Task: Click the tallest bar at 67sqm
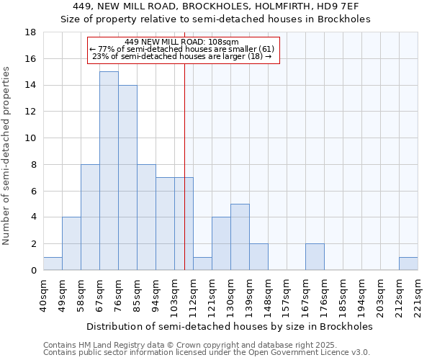[x=109, y=171]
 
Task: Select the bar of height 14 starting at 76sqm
[x=127, y=177]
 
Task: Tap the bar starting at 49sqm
[x=71, y=243]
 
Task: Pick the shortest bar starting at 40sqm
[x=53, y=264]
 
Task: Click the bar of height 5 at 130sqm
[x=240, y=237]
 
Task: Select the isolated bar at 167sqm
[x=315, y=257]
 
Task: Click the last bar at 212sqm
[x=408, y=264]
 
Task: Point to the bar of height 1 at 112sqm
[x=202, y=264]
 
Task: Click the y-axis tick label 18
[x=30, y=32]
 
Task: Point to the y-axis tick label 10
[x=30, y=138]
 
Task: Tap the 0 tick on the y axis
[x=33, y=271]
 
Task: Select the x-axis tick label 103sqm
[x=175, y=294]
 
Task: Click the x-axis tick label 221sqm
[x=418, y=294]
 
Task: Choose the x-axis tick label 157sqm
[x=287, y=294]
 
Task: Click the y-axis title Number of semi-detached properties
[x=7, y=156]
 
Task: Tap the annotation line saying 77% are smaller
[x=181, y=49]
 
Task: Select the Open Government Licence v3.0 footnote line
[x=206, y=353]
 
